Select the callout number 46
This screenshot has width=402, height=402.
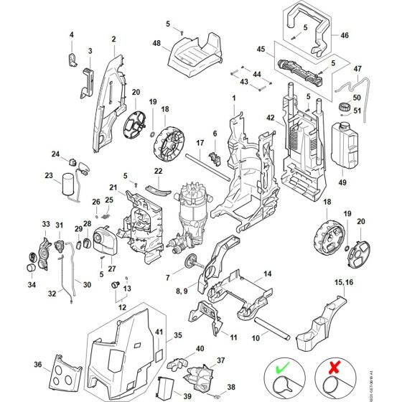345,34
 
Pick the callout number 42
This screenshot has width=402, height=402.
271,117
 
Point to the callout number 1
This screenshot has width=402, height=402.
233,97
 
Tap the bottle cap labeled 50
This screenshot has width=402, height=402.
344,109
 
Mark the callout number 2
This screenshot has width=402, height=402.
113,38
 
